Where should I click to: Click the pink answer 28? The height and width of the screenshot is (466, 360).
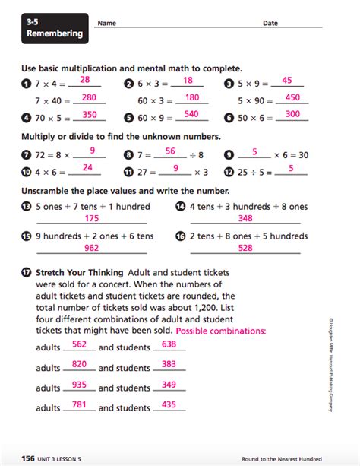pyautogui.click(x=85, y=80)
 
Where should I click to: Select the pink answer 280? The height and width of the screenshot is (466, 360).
pyautogui.click(x=88, y=97)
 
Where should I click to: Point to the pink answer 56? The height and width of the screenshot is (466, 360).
pyautogui.click(x=170, y=151)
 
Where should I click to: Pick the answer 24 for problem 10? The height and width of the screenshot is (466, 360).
pyautogui.click(x=87, y=168)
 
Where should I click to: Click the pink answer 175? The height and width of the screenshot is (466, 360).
pyautogui.click(x=91, y=219)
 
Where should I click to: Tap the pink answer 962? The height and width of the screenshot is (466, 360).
pyautogui.click(x=91, y=248)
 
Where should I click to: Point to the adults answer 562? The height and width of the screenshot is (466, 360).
pyautogui.click(x=78, y=344)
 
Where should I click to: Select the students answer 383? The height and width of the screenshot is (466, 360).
pyautogui.click(x=169, y=365)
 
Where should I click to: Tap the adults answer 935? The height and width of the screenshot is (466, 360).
pyautogui.click(x=78, y=385)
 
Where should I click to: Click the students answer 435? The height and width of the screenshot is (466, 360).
pyautogui.click(x=169, y=406)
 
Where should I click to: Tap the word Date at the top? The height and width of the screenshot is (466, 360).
pyautogui.click(x=270, y=24)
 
